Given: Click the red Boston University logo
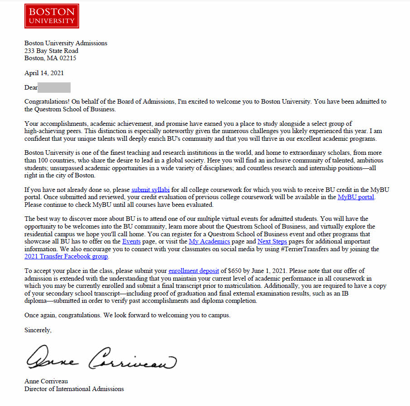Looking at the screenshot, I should click(x=52, y=16).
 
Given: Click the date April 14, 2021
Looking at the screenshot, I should click(x=44, y=73).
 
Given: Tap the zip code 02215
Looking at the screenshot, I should click(x=67, y=58).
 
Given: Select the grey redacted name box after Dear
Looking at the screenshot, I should click(x=54, y=87).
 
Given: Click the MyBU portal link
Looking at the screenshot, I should click(x=356, y=197).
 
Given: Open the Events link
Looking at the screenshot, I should click(x=131, y=241).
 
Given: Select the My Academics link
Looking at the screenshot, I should click(x=209, y=241).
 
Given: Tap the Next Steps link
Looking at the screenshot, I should click(x=272, y=241).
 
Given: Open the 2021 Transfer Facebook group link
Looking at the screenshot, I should click(x=66, y=256).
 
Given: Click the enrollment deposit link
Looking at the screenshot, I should click(x=193, y=271).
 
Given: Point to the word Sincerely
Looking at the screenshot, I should click(x=38, y=330).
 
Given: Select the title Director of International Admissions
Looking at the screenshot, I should click(x=74, y=388).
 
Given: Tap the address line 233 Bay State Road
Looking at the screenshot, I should click(x=51, y=51).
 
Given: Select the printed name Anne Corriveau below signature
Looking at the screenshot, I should click(x=46, y=381).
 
